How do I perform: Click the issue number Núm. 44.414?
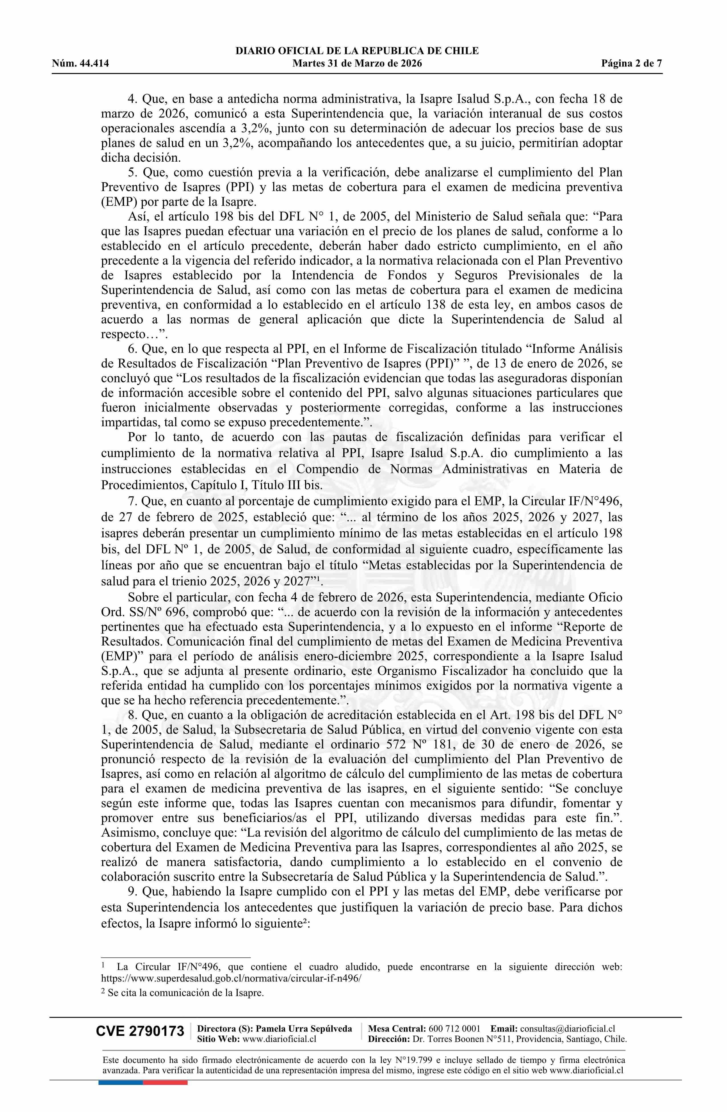click(x=80, y=64)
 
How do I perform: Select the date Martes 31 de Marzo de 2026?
click(x=357, y=64)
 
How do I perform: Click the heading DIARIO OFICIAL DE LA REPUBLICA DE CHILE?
click(x=357, y=51)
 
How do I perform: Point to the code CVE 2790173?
click(x=140, y=1031)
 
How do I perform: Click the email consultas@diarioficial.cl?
click(x=567, y=1028)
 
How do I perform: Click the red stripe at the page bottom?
click(x=165, y=1070)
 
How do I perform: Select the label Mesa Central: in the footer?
click(x=397, y=1028)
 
